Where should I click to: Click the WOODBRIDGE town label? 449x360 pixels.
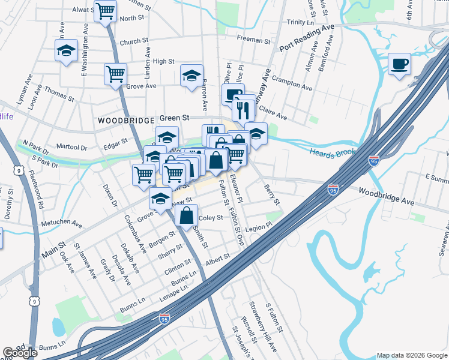pyautogui.click(x=127, y=121)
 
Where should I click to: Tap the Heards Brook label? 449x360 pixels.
pyautogui.click(x=333, y=153)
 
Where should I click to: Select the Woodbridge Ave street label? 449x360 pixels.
pyautogui.click(x=387, y=196)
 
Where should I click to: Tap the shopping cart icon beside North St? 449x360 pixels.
pyautogui.click(x=106, y=11)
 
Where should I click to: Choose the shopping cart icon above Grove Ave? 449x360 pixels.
pyautogui.click(x=115, y=74)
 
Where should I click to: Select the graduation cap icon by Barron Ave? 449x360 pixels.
pyautogui.click(x=191, y=76)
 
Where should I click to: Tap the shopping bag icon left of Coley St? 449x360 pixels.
pyautogui.click(x=187, y=215)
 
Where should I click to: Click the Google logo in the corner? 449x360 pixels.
pyautogui.click(x=20, y=353)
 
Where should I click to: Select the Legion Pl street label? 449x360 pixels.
pyautogui.click(x=259, y=227)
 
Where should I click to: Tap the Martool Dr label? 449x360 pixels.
pyautogui.click(x=71, y=146)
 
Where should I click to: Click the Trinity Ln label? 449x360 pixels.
pyautogui.click(x=297, y=22)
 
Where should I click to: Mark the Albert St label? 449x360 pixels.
pyautogui.click(x=217, y=257)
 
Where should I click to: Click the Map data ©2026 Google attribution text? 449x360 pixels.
pyautogui.click(x=411, y=355)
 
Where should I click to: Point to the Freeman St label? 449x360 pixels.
pyautogui.click(x=253, y=40)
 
